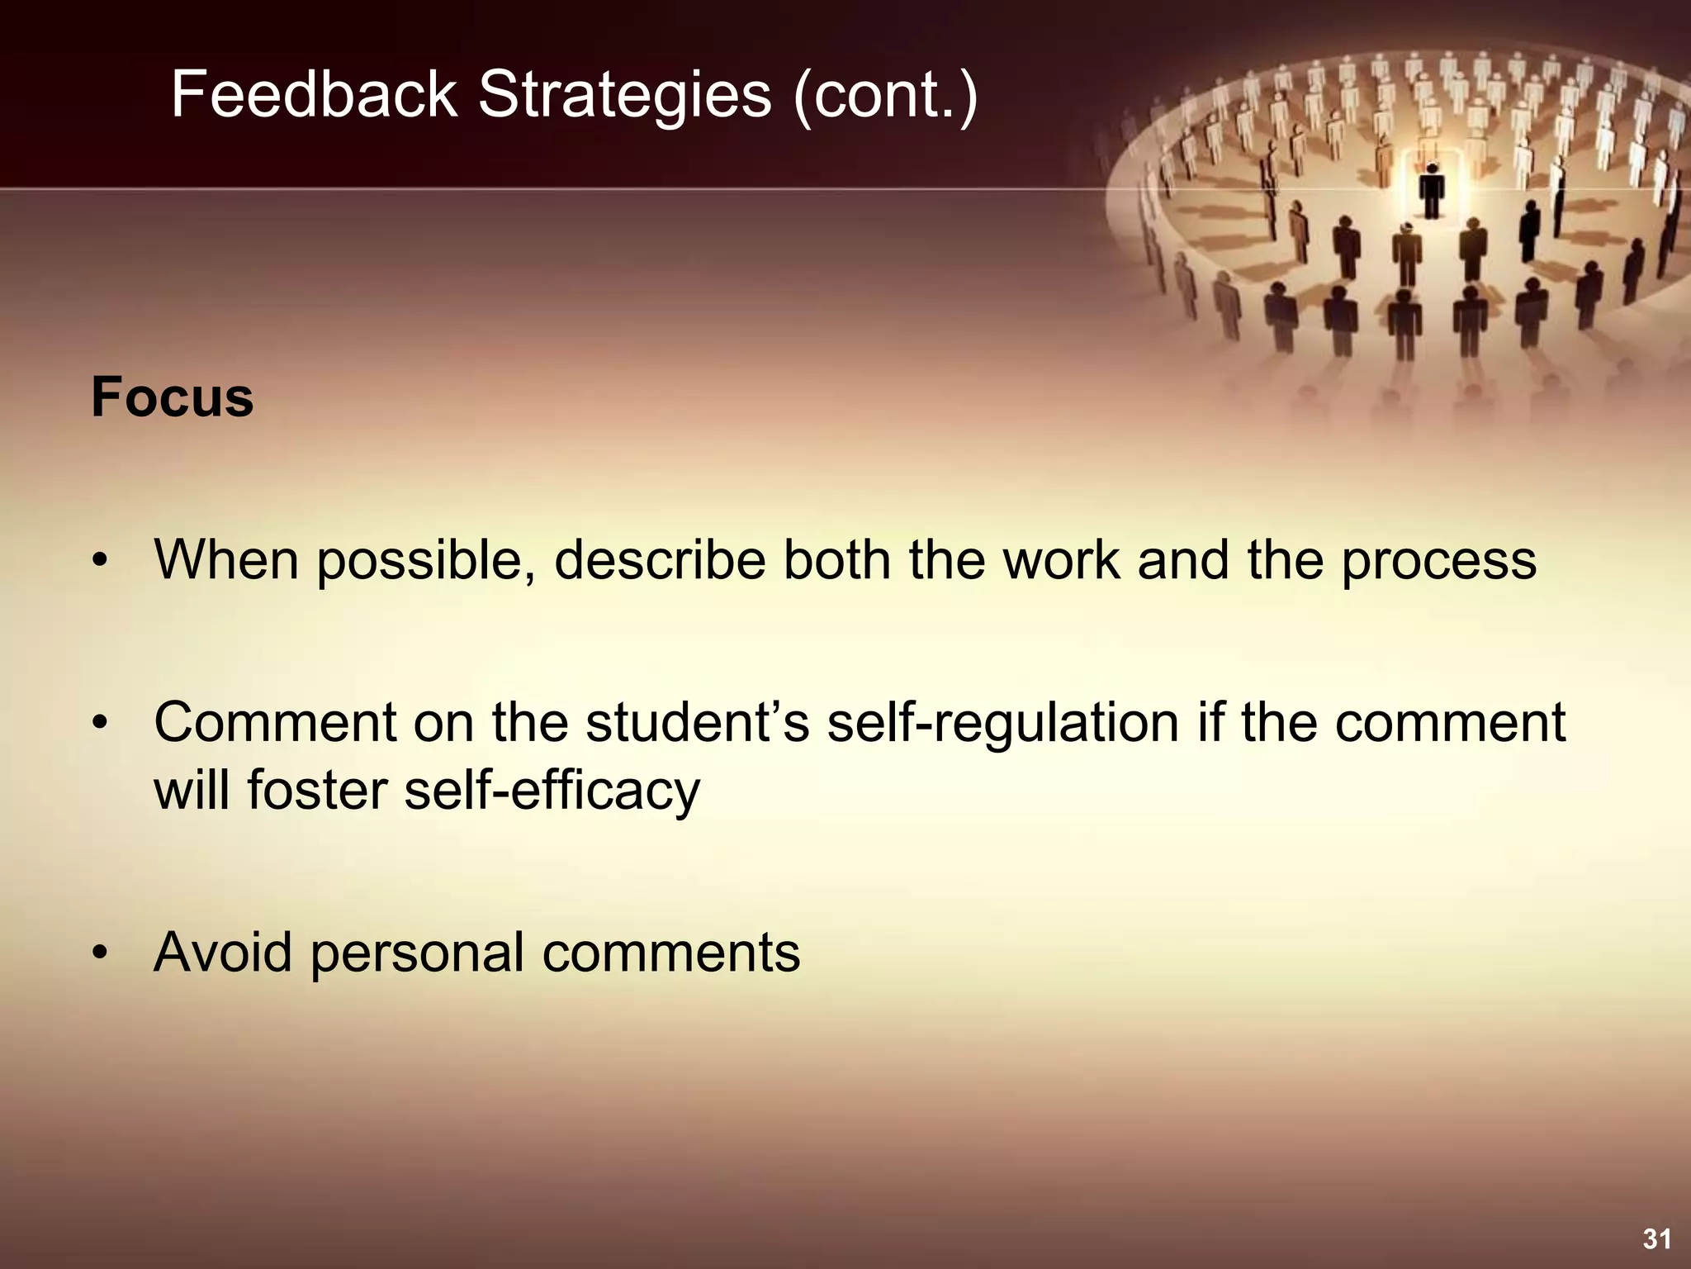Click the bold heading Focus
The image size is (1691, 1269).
coord(172,397)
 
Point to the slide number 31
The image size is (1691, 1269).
coord(1656,1238)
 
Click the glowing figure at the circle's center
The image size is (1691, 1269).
coord(1432,190)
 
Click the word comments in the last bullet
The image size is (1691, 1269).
coord(670,953)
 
